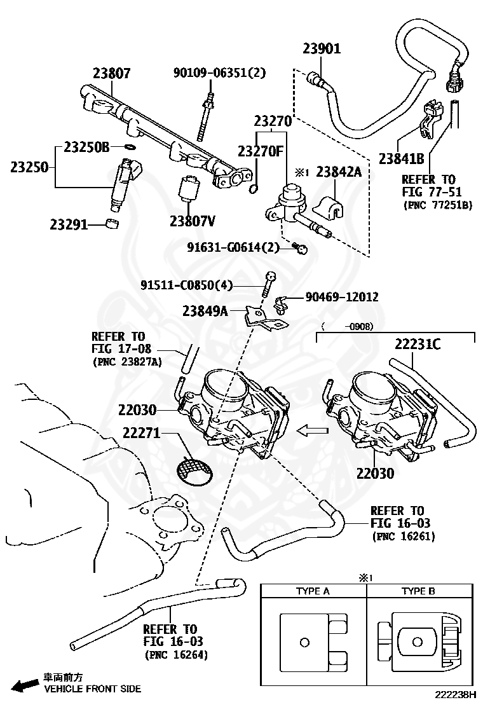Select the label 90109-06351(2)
219,73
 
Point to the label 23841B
401,158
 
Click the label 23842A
338,171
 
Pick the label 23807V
192,221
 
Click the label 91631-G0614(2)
233,247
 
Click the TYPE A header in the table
313,591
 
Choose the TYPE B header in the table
418,591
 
